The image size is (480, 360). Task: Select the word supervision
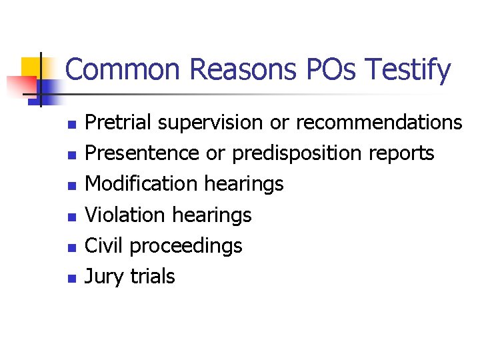click(x=211, y=123)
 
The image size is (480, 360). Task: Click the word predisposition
click(x=297, y=153)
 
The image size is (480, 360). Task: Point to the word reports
click(x=401, y=153)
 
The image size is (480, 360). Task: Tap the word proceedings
click(x=186, y=245)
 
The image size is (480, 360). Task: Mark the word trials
click(x=153, y=276)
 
